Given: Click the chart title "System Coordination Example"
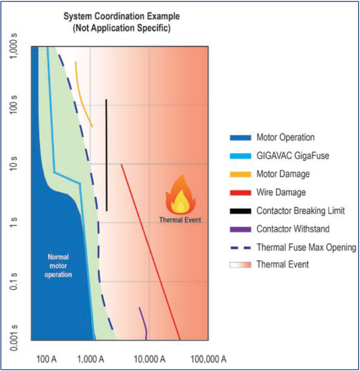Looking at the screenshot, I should (122, 17).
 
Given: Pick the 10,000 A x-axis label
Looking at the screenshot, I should (150, 359).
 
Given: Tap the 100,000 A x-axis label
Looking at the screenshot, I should (209, 359).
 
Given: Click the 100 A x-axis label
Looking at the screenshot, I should (47, 359).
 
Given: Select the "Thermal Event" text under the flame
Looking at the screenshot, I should (180, 220).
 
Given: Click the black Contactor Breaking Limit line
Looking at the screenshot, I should (106, 158).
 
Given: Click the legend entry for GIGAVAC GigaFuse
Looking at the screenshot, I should (293, 156).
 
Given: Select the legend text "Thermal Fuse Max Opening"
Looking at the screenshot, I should (306, 247).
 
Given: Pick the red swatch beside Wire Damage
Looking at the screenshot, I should (240, 193).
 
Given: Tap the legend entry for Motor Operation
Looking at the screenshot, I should (285, 137).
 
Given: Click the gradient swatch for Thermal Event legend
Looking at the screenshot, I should (240, 265).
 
